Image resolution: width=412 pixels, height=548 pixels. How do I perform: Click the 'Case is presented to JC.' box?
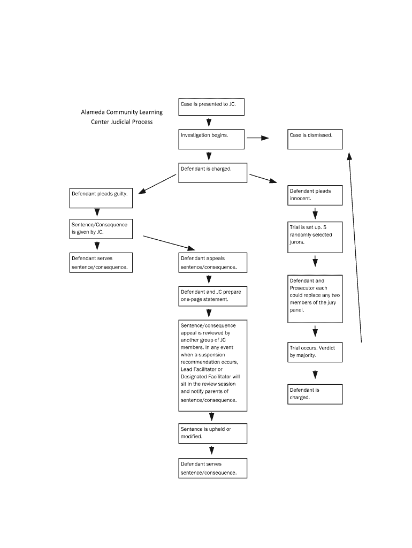tap(211, 106)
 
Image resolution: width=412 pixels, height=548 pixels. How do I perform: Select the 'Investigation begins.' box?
tap(211, 139)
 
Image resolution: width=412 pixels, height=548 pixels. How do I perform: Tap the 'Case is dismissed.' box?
tap(315, 139)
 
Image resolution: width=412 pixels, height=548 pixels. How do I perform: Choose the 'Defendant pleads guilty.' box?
tap(101, 198)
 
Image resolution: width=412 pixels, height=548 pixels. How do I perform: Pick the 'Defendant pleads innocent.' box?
tap(315, 195)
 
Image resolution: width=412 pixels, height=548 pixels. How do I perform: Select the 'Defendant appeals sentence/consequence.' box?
tap(212, 262)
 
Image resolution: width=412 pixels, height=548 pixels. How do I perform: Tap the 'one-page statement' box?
tap(212, 296)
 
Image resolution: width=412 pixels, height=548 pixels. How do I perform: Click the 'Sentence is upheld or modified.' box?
tap(212, 433)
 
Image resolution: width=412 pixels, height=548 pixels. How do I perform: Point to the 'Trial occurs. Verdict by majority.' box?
tap(315, 352)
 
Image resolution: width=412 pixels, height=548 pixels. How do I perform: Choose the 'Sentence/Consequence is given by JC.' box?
tap(101, 229)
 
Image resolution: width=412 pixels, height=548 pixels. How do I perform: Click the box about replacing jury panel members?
tap(315, 298)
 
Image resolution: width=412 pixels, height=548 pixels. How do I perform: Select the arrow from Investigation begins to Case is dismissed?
tap(257, 138)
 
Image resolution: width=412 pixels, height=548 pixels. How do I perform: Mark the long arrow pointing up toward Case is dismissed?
tap(355, 246)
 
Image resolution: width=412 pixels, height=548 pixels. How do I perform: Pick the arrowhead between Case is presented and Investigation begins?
tap(209, 123)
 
